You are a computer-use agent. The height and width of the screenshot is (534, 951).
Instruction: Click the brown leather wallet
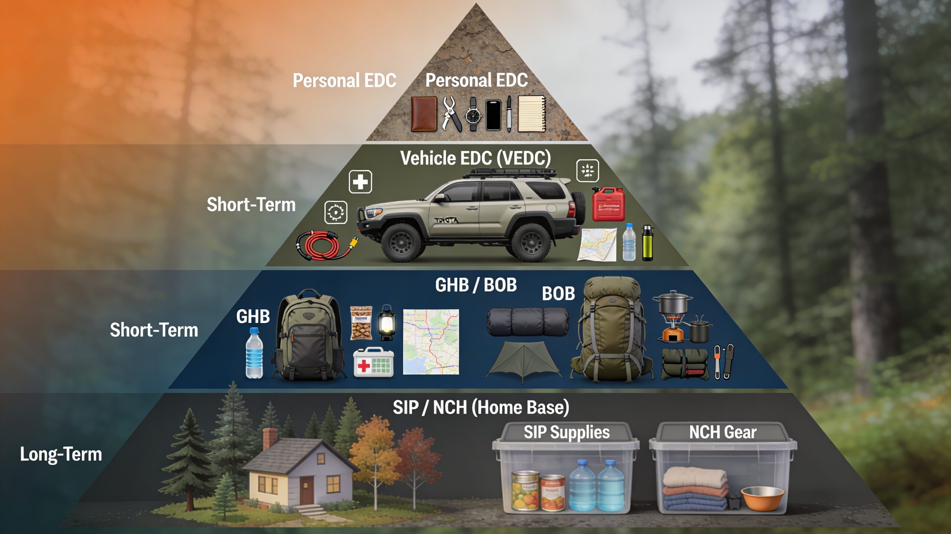[x=424, y=114]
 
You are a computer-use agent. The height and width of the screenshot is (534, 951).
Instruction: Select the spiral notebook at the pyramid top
[x=532, y=114]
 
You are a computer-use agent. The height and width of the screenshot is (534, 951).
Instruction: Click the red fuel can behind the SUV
[x=608, y=204]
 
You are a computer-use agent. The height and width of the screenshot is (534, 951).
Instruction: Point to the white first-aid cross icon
[x=360, y=182]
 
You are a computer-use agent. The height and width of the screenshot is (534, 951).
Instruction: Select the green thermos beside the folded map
[x=647, y=243]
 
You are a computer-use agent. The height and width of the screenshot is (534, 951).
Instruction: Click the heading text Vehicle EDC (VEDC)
[x=475, y=158]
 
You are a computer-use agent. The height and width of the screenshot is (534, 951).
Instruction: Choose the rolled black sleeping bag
[x=528, y=322]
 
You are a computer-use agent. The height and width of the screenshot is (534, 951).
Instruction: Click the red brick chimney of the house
[x=270, y=439]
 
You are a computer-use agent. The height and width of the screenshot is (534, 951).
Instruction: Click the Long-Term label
[x=61, y=454]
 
